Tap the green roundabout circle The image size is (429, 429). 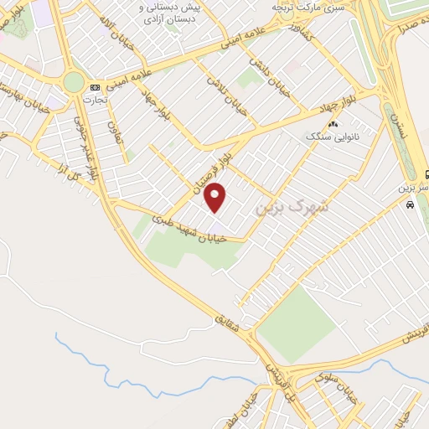[x=74, y=82]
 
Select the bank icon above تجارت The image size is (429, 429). [x=95, y=87]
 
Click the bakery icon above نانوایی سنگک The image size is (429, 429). [x=333, y=124]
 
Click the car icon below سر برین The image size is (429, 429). [x=409, y=205]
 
